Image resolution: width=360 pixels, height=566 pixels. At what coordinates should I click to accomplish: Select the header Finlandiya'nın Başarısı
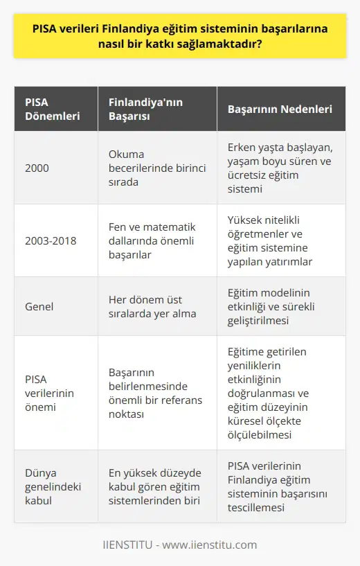click(x=137, y=109)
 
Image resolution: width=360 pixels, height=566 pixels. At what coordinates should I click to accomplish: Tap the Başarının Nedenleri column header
click(x=280, y=109)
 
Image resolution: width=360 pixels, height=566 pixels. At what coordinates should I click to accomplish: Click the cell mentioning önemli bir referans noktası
click(x=154, y=393)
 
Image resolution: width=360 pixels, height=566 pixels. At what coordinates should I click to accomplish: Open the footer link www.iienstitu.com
click(x=208, y=545)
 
